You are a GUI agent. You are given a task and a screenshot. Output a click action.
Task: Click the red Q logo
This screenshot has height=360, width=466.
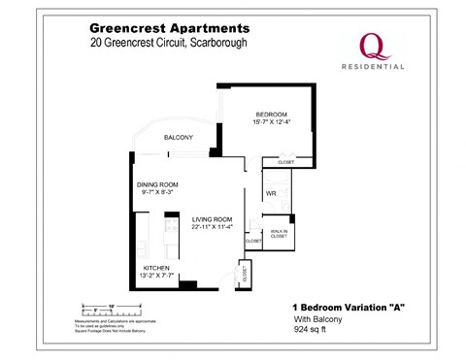(x=370, y=44)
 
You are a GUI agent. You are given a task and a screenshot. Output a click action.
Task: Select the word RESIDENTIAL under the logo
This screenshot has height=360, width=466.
(x=370, y=68)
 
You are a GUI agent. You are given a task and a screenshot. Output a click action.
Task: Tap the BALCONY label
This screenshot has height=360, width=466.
(x=178, y=137)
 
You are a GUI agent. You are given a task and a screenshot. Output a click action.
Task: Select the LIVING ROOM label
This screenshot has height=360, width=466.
(x=211, y=219)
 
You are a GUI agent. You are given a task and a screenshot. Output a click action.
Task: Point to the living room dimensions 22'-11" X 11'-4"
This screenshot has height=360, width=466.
(x=211, y=228)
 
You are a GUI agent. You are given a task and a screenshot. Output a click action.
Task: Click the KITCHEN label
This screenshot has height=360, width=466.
(x=157, y=266)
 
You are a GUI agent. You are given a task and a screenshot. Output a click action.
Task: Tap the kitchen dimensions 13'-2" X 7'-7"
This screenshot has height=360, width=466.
(x=157, y=275)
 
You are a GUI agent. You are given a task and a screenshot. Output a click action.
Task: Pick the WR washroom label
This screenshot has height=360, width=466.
(x=272, y=194)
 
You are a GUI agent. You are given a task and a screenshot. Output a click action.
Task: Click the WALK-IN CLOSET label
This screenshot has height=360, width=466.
(x=278, y=234)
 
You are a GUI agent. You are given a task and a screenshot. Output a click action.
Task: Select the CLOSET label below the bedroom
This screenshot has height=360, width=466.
(x=285, y=162)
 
